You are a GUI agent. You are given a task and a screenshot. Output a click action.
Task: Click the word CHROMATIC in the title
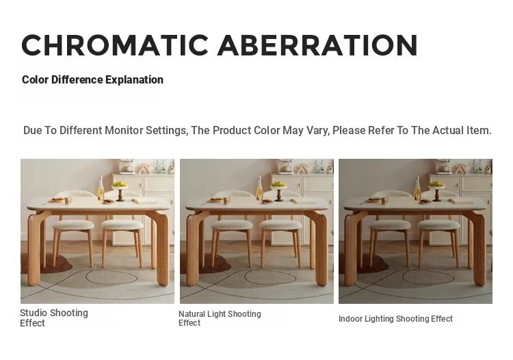pos(115,45)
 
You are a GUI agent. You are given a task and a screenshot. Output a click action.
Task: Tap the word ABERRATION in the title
pos(317,45)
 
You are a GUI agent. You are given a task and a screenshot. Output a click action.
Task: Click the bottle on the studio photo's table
pos(101,188)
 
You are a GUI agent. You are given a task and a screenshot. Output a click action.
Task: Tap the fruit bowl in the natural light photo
pos(279,190)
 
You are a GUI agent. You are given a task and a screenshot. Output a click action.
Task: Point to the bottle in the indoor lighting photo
pos(417,188)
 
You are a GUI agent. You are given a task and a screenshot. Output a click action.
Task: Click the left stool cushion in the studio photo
pos(73,225)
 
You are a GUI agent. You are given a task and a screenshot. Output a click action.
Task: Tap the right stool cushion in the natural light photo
pos(280,225)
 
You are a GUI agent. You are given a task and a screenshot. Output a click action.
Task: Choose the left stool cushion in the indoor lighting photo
pos(390,225)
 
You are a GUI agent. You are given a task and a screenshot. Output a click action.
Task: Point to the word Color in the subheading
pos(36,80)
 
